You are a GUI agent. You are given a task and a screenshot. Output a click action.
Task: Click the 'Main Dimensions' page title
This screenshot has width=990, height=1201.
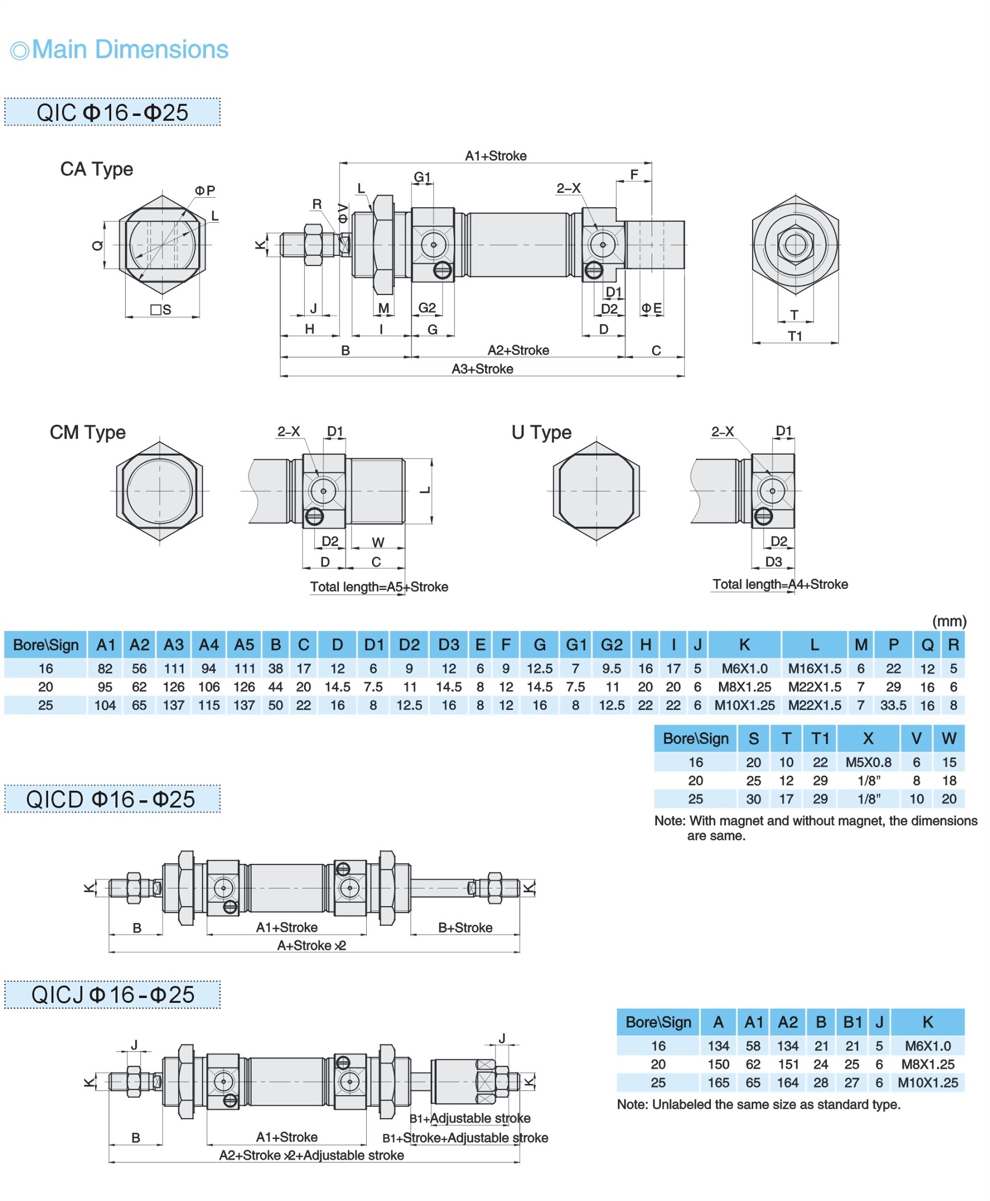click(129, 50)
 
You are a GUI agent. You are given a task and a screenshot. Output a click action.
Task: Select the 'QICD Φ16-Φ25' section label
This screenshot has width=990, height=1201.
click(111, 799)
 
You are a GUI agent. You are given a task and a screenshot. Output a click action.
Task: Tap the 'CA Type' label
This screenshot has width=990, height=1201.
click(96, 169)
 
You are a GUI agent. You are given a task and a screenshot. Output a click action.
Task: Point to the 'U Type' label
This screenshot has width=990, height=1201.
click(540, 432)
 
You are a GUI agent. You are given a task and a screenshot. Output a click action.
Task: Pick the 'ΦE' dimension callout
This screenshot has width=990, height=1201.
click(651, 308)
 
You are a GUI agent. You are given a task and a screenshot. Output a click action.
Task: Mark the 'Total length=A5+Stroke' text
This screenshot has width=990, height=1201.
click(378, 587)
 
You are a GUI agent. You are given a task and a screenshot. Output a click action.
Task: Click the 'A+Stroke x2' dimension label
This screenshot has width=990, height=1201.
click(311, 945)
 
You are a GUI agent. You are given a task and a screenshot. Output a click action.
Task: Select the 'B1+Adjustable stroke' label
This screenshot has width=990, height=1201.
click(470, 1118)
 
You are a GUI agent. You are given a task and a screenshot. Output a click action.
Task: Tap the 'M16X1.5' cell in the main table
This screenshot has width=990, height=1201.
click(814, 668)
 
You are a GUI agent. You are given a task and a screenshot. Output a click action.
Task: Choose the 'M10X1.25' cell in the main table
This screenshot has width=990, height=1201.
click(744, 705)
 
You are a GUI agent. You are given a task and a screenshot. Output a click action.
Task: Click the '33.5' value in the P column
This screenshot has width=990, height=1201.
click(893, 705)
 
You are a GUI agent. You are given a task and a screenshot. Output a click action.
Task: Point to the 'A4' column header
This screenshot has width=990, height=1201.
click(208, 645)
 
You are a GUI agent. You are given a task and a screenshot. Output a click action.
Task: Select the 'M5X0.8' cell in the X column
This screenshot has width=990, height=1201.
click(868, 762)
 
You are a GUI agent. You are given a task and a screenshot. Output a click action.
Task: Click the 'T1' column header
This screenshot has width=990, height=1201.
click(819, 738)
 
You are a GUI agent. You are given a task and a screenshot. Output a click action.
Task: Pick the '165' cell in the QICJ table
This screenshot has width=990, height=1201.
click(718, 1082)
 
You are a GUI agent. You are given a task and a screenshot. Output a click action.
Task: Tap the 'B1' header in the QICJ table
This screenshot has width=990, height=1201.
click(852, 1022)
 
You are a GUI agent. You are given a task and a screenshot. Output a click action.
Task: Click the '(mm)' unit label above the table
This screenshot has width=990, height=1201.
click(949, 621)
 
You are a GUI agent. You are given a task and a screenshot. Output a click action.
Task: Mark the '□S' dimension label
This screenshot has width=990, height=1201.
click(161, 309)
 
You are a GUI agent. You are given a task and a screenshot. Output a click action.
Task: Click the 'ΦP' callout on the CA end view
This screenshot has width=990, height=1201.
click(205, 190)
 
